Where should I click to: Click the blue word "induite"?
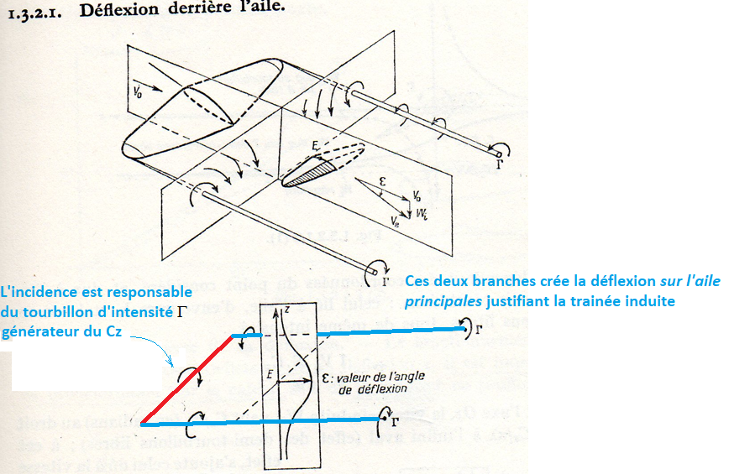pos(650,300)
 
